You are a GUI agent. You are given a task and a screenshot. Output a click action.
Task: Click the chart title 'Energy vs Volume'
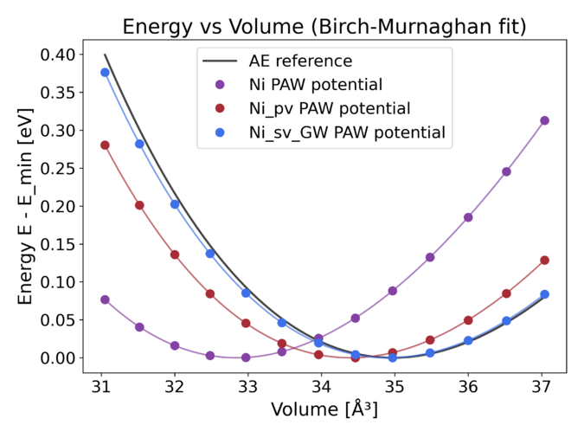click(x=324, y=26)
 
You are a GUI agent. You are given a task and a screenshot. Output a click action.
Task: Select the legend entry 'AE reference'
click(x=299, y=61)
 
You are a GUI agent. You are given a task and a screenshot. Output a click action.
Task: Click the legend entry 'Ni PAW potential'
click(x=315, y=85)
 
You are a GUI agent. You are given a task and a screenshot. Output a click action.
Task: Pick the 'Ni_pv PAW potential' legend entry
click(x=329, y=108)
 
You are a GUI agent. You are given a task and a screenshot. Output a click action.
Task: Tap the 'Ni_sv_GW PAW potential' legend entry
click(x=346, y=132)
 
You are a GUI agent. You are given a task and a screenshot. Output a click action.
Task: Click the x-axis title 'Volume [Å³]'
click(x=324, y=409)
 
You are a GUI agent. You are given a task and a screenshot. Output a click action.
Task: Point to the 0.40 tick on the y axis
click(x=56, y=55)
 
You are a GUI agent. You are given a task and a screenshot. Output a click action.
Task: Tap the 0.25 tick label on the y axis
click(x=56, y=168)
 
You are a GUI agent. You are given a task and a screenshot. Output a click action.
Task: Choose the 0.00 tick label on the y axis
click(x=56, y=357)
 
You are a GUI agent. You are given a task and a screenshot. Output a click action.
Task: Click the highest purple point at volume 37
click(x=544, y=120)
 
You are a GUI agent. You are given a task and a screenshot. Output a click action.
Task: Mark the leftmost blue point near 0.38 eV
click(x=105, y=72)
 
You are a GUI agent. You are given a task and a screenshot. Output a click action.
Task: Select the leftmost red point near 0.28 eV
click(x=105, y=145)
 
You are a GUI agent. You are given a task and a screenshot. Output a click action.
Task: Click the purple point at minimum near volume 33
click(x=246, y=357)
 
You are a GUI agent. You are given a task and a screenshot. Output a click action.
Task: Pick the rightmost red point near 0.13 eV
click(x=544, y=260)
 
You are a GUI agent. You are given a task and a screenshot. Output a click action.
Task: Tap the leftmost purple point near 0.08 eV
click(x=105, y=300)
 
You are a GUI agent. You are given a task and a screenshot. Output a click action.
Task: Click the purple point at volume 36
click(x=468, y=217)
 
